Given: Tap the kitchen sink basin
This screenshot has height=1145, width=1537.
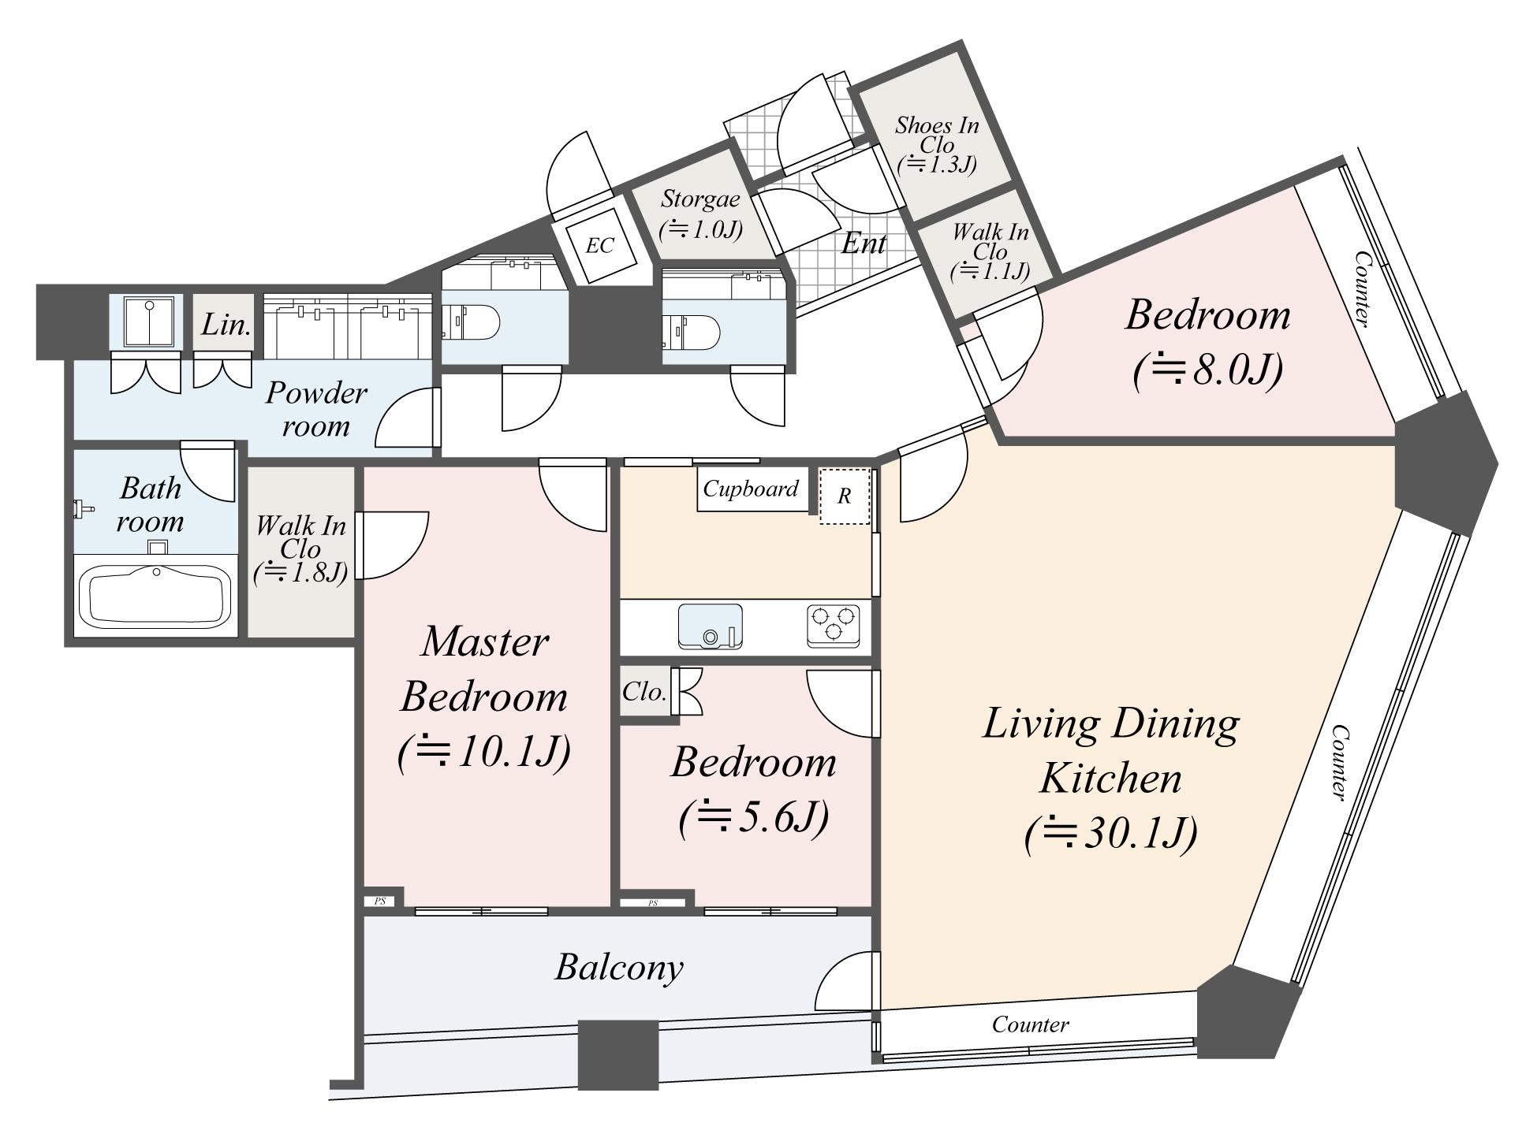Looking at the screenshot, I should [710, 626].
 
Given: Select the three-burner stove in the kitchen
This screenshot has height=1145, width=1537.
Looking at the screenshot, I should [833, 626].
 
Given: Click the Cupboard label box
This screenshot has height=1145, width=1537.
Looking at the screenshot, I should [751, 489].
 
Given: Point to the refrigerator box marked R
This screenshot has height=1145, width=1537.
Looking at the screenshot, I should [844, 496].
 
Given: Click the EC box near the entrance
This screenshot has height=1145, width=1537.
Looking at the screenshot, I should [599, 245].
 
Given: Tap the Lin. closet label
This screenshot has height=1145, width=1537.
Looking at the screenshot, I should [226, 324].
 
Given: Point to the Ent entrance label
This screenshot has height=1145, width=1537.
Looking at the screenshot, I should [864, 244].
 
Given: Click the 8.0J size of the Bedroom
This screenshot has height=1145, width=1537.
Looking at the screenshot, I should [1208, 370].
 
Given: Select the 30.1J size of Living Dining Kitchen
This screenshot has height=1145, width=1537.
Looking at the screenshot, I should [1112, 833].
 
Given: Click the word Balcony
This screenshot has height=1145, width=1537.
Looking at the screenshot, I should [619, 968].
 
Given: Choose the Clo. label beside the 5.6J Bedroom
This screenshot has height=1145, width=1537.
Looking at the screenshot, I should [644, 692].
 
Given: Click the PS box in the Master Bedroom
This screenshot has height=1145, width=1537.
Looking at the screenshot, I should [380, 901].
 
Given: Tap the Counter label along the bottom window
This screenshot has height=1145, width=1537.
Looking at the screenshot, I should [1030, 1024].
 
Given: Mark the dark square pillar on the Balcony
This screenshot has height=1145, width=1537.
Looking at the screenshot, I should [617, 1054].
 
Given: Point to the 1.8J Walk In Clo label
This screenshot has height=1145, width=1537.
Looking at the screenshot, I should [300, 549].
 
